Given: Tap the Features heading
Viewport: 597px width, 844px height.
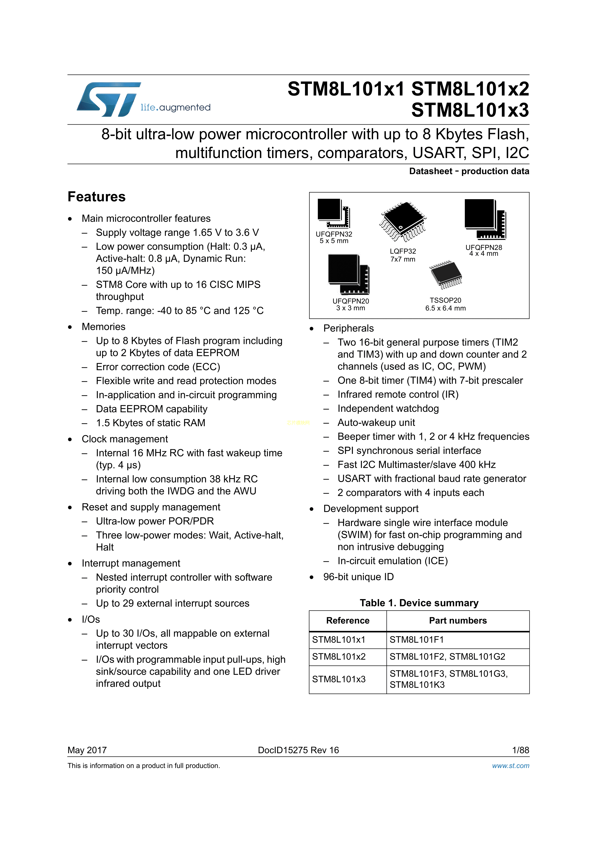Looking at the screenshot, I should pyautogui.click(x=96, y=197).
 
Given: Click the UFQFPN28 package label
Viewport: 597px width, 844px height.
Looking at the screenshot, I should pyautogui.click(x=483, y=250).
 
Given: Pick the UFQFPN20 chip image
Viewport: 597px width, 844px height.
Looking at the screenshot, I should pyautogui.click(x=348, y=274).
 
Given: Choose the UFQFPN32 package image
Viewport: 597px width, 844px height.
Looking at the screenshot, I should pyautogui.click(x=333, y=213).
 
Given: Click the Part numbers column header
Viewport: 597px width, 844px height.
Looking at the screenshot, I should pyautogui.click(x=458, y=621).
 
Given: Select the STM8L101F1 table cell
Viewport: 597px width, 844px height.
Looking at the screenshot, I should pyautogui.click(x=416, y=640).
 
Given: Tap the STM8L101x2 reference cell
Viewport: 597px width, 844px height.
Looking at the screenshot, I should pyautogui.click(x=339, y=657).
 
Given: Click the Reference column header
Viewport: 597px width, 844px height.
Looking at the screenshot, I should pyautogui.click(x=348, y=621).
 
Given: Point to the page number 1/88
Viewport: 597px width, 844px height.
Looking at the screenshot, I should pyautogui.click(x=520, y=750).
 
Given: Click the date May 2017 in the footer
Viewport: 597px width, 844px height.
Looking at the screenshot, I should pyautogui.click(x=87, y=750).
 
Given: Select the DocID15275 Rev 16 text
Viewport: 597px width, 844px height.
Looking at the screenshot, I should pyautogui.click(x=298, y=750).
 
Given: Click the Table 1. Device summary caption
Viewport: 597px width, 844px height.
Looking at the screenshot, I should pyautogui.click(x=419, y=603).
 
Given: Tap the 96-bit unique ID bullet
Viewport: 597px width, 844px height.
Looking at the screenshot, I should pyautogui.click(x=358, y=577).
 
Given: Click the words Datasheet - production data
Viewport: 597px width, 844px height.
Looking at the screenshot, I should pyautogui.click(x=469, y=171).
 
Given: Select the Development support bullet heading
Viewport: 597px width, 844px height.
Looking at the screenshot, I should pyautogui.click(x=371, y=508).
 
